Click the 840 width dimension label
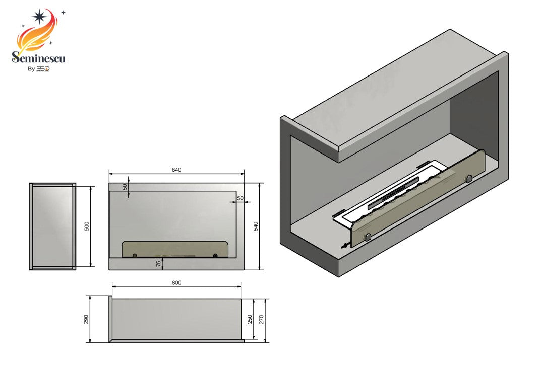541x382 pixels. [x=176, y=170]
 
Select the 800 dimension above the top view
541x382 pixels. [x=176, y=283]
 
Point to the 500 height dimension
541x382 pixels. [x=86, y=226]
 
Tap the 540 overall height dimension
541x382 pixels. [x=256, y=226]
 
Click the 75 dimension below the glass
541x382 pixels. [x=158, y=263]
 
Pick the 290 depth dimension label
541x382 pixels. [x=86, y=320]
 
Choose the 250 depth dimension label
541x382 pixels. [x=249, y=320]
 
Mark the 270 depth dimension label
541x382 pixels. [x=262, y=320]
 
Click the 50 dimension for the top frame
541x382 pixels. [x=125, y=187]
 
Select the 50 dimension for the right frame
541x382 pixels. [x=240, y=198]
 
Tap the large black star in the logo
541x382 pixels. [x=39, y=17]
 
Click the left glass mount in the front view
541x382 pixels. [x=135, y=256]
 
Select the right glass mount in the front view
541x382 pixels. [x=215, y=256]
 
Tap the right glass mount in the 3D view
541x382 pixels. [x=469, y=178]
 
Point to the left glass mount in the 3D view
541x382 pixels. [x=368, y=237]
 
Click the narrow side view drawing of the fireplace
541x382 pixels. [x=52, y=226]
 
